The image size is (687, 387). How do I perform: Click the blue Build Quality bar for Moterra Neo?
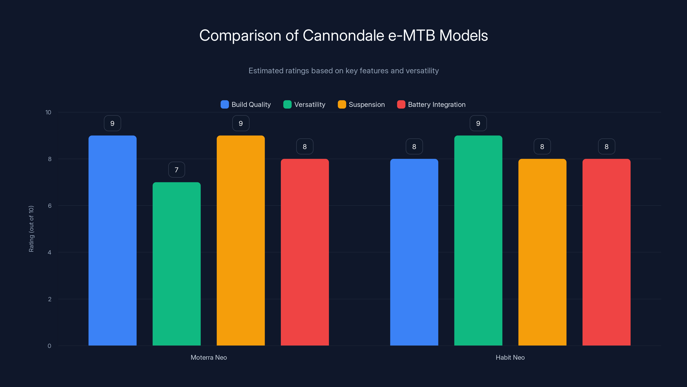coord(112,240)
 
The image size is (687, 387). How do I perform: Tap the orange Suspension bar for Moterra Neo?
coord(240,240)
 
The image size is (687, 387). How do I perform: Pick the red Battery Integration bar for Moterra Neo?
coord(305,252)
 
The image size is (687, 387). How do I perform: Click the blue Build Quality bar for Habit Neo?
coord(414,252)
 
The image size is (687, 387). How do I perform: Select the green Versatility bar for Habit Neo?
coord(478,240)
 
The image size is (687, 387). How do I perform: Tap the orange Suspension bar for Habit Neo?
coord(542,252)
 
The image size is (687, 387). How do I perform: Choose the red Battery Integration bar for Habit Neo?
coord(606,252)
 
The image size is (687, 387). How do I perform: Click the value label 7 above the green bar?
coord(176,170)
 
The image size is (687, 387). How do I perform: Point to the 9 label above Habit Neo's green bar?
coord(478,123)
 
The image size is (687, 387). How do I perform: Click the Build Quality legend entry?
coord(246,104)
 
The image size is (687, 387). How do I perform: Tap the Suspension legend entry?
coord(361,104)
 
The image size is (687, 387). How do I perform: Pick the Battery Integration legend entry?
coord(431,104)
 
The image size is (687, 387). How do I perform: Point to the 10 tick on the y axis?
coord(48,112)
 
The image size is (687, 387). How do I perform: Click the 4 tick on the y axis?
coord(49,252)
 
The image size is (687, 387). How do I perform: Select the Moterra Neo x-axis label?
coord(208,357)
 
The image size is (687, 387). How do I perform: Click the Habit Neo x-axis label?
coord(510,357)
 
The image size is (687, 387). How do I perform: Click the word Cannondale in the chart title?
coord(343,35)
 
